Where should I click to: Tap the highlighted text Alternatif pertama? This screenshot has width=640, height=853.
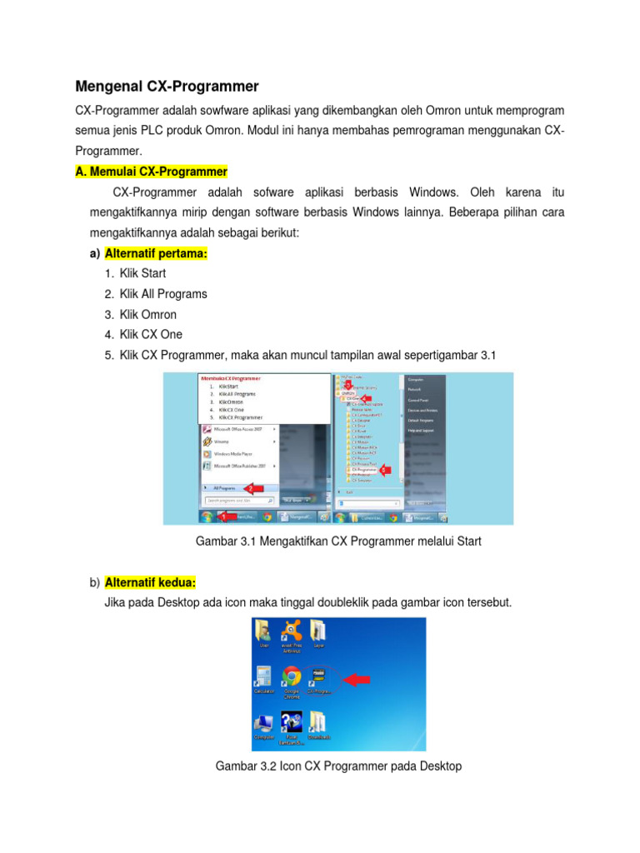coord(156,252)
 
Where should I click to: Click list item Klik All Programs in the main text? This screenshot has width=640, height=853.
coord(163,294)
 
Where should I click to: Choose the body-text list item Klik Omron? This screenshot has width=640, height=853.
coord(148,315)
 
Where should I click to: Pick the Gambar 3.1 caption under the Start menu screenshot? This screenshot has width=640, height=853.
coord(338,541)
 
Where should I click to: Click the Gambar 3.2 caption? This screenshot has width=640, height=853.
coord(338,766)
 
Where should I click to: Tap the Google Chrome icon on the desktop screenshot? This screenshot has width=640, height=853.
coord(292,676)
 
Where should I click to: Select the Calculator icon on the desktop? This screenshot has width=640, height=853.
coord(264,676)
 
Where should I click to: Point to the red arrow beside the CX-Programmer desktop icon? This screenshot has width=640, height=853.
coord(356,679)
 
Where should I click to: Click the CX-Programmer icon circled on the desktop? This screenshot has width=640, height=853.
coord(318,676)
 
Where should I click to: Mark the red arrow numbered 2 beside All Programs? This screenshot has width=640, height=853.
coord(252,487)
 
